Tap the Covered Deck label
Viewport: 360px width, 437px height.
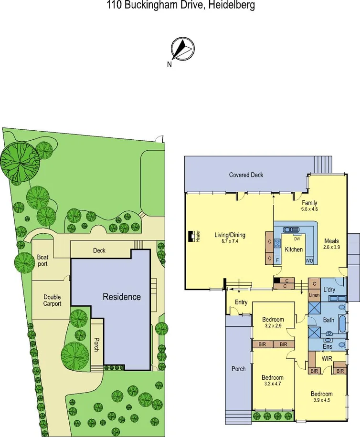point(246,175)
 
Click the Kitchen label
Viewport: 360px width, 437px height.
point(294,250)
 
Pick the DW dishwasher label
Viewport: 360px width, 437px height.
point(296,239)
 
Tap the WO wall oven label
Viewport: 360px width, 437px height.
point(309,260)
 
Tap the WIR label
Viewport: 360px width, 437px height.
point(327,357)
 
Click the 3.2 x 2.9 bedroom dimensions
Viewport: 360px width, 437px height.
point(273,326)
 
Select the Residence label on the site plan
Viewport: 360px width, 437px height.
point(122,297)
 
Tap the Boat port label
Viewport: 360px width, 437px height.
point(42,260)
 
